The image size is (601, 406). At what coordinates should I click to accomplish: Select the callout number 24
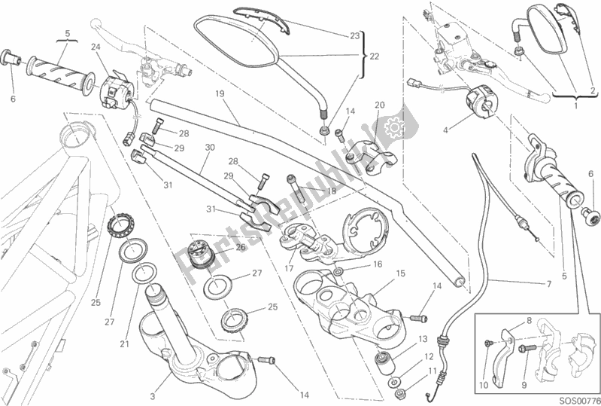tap(96, 47)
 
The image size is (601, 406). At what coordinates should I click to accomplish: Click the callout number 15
tap(400, 273)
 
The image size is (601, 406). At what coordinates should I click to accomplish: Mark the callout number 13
tap(423, 339)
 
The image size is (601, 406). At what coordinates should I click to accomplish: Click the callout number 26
tap(241, 246)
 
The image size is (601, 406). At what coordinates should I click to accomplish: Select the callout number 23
tap(355, 35)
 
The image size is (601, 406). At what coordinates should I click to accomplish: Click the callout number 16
tap(378, 264)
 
